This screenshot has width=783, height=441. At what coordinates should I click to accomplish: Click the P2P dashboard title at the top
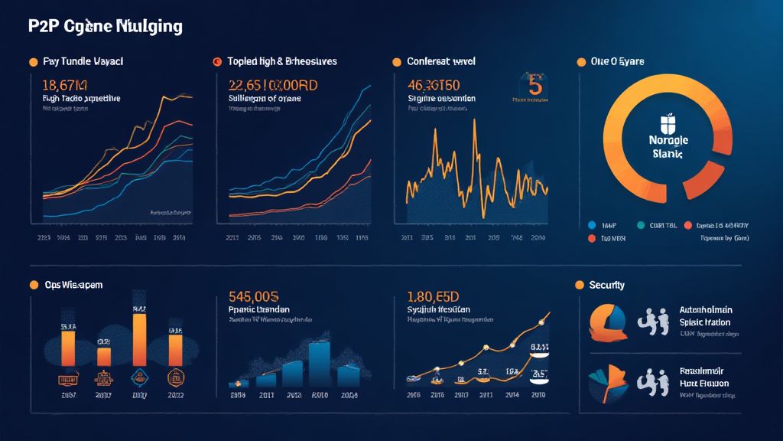(106, 27)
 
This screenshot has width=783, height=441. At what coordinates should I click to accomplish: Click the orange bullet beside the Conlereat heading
(397, 61)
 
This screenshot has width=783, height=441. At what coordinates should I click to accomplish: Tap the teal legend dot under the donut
(640, 226)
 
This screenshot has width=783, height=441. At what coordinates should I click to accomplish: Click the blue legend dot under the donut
(591, 226)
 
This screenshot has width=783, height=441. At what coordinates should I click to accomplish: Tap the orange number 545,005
(254, 297)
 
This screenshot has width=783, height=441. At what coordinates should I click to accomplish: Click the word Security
(607, 285)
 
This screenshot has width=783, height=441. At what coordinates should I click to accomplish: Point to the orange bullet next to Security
(579, 285)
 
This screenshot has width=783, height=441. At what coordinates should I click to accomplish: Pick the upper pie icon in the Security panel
(607, 322)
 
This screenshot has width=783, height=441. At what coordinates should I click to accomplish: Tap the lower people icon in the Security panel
(651, 381)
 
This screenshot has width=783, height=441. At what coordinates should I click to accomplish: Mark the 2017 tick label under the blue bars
(266, 396)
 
